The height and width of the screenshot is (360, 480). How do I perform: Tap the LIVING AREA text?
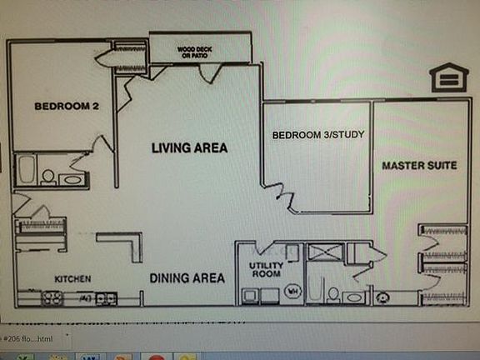pyautogui.click(x=189, y=147)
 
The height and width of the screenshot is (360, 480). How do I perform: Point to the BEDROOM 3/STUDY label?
pyautogui.click(x=318, y=134)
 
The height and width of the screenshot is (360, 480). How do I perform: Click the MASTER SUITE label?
pyautogui.click(x=419, y=165)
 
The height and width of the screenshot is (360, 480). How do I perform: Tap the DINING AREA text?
pyautogui.click(x=187, y=277)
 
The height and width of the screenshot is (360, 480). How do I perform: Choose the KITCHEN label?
pyautogui.click(x=72, y=278)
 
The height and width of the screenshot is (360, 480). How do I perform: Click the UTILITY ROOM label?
pyautogui.click(x=267, y=269)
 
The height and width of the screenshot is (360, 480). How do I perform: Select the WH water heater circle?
pyautogui.click(x=292, y=291)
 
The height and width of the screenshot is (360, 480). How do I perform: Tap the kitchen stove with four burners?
pyautogui.click(x=52, y=297)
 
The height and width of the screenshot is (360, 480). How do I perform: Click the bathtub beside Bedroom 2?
pyautogui.click(x=25, y=170)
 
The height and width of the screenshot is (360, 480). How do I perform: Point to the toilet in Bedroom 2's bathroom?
pyautogui.click(x=48, y=177)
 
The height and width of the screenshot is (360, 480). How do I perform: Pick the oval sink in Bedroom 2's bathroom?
pyautogui.click(x=72, y=178)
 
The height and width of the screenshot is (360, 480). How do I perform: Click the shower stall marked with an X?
pyautogui.click(x=325, y=252)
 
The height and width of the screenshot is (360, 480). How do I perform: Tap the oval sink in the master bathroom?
pyautogui.click(x=353, y=296)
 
